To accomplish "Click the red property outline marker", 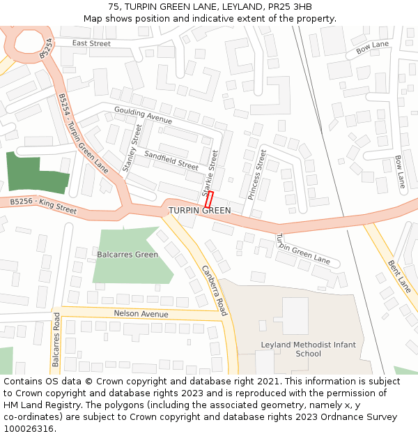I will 208,198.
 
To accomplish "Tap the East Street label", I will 91,43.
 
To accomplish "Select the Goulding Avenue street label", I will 143,115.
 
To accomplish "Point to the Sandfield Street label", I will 171,160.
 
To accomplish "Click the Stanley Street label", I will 131,148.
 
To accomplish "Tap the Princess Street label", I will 257,174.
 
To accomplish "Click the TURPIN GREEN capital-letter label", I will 199,210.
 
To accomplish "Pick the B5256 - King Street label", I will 43,204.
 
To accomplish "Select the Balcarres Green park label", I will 127,254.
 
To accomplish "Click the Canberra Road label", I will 215,290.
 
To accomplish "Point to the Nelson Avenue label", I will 141,314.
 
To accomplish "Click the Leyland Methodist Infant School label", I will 308,349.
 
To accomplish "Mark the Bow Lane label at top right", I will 372,48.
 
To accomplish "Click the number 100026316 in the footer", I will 29,429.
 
